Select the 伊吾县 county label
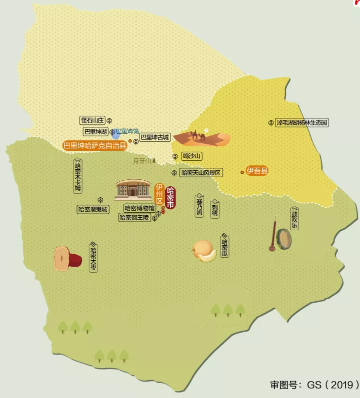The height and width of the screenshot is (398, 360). coord(257,171)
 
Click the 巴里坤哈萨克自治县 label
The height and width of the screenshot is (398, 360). coord(94,146)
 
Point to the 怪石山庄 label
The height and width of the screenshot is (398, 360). coord(92,120)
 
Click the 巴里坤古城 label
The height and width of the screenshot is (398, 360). coord(154,137)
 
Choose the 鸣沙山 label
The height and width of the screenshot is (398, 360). coord(191,156)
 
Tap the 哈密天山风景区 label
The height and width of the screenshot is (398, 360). coord(201,173)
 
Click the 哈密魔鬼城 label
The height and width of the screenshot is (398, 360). coord(93,209)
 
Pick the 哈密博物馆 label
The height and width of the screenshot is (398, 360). coord(139,208)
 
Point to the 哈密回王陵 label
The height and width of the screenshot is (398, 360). coord(134,217)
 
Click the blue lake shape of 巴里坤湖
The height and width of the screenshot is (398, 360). coord(115,134)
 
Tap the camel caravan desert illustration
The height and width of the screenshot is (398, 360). coord(202,137)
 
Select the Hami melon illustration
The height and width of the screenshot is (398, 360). coord(204,251)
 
